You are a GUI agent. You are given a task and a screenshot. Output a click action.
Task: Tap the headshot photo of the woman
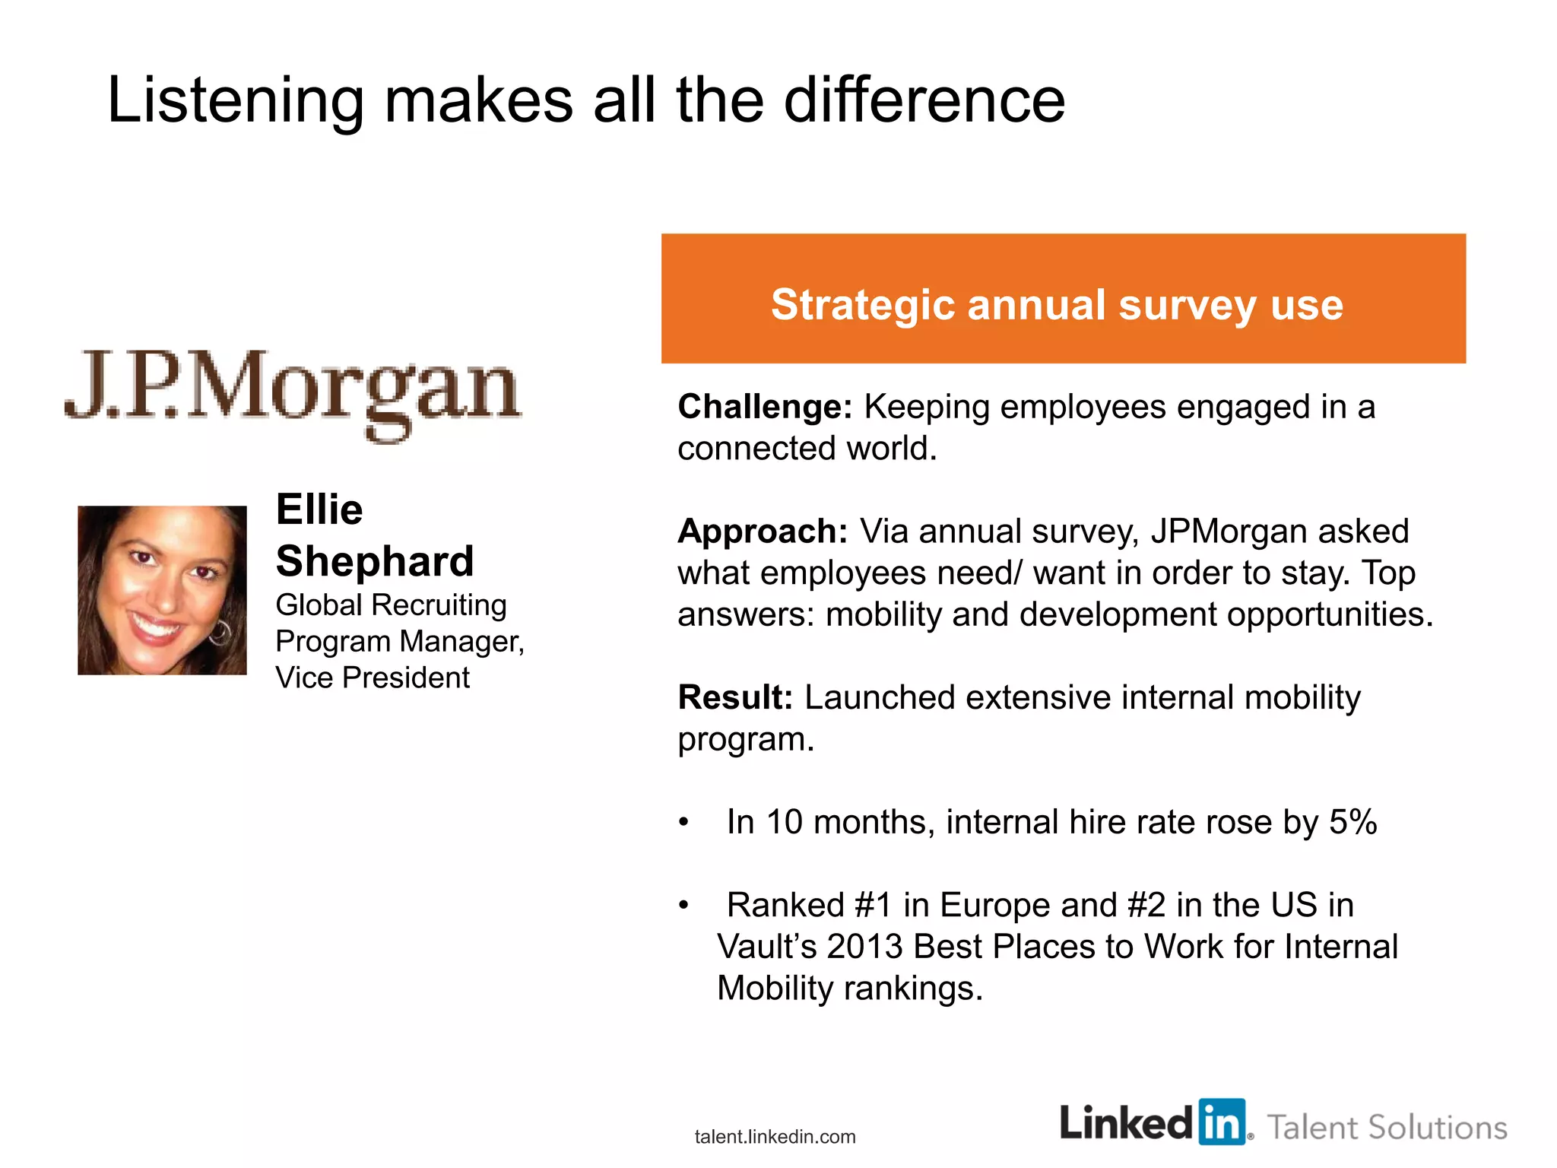pyautogui.click(x=162, y=590)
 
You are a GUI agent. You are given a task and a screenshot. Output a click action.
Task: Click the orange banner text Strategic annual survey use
pyautogui.click(x=1057, y=304)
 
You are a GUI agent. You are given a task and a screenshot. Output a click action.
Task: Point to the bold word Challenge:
pyautogui.click(x=765, y=407)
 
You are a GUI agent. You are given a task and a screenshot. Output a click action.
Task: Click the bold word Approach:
pyautogui.click(x=762, y=531)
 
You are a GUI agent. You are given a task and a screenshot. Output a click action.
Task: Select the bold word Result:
pyautogui.click(x=734, y=697)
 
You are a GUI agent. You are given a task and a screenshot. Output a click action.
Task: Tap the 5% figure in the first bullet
pyautogui.click(x=1352, y=822)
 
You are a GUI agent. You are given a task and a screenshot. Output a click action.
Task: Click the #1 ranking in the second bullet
pyautogui.click(x=873, y=905)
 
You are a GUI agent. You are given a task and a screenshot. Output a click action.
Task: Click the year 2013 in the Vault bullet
pyautogui.click(x=865, y=947)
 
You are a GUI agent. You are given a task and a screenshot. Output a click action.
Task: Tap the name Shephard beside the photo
pyautogui.click(x=375, y=561)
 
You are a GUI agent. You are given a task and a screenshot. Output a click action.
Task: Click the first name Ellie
pyautogui.click(x=319, y=509)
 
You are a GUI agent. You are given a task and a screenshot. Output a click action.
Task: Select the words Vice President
pyautogui.click(x=373, y=678)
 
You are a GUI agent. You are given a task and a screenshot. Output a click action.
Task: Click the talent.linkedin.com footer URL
pyautogui.click(x=775, y=1137)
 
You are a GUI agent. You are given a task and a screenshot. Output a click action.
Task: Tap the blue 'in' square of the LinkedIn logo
pyautogui.click(x=1222, y=1122)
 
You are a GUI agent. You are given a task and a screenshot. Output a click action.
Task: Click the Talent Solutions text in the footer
pyautogui.click(x=1387, y=1128)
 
